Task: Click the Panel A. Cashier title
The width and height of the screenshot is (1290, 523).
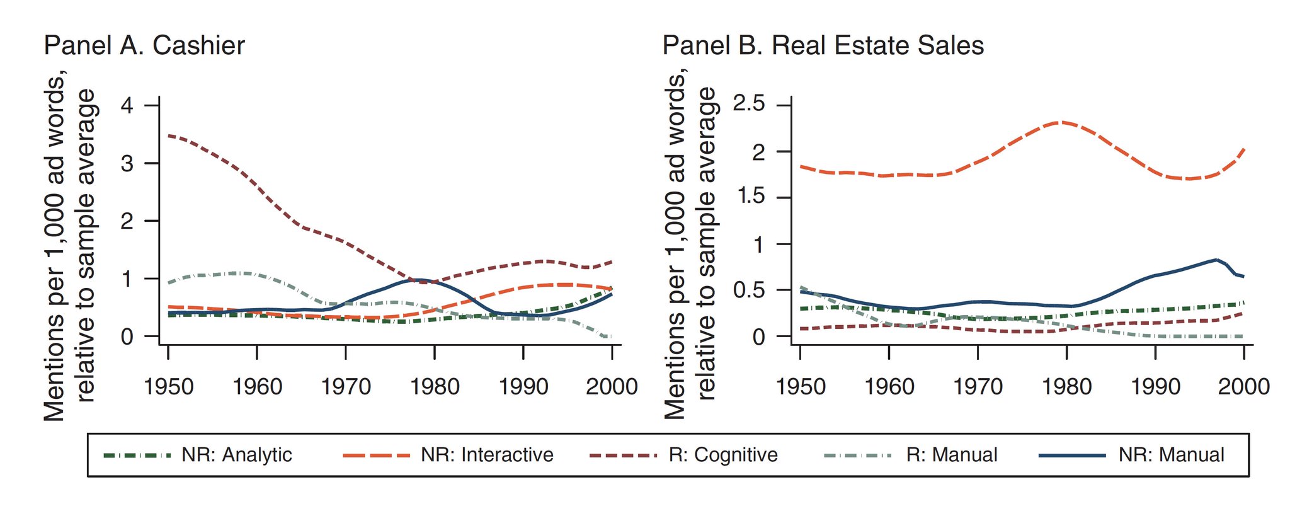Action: click(144, 46)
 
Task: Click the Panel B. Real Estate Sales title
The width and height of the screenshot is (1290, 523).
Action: click(823, 46)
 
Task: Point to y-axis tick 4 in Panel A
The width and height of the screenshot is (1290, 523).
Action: click(127, 105)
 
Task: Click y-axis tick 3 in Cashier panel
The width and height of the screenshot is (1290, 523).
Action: click(127, 163)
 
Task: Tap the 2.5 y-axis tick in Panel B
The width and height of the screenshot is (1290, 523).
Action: click(750, 103)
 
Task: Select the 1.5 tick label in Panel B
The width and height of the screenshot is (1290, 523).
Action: click(750, 197)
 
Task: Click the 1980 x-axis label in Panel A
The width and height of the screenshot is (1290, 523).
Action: click(435, 386)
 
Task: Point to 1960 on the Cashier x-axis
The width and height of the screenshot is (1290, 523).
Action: click(257, 386)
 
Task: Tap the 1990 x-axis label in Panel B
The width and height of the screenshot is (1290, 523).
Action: click(1155, 386)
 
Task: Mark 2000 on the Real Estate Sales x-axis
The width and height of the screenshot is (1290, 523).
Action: click(1243, 386)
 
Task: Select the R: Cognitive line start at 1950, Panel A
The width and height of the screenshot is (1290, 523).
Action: click(169, 135)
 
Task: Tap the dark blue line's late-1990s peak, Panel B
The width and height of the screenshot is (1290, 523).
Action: click(1216, 260)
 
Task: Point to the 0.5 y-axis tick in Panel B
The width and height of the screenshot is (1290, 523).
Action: click(750, 290)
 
